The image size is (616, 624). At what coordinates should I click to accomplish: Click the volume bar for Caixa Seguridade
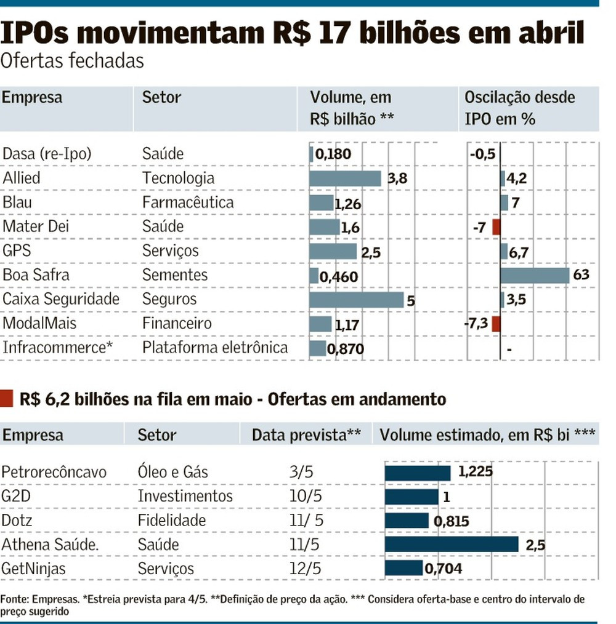(356, 300)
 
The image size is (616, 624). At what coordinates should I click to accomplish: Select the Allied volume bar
(345, 178)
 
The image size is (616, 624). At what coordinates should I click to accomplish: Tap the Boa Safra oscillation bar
(535, 275)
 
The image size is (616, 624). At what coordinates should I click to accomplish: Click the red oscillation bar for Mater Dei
(496, 227)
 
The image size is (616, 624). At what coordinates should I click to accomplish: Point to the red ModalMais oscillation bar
(496, 324)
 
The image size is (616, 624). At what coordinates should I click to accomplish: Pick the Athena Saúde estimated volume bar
(452, 545)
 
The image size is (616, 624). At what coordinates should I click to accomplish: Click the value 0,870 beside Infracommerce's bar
(346, 349)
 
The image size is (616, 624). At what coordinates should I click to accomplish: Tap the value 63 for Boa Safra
(581, 274)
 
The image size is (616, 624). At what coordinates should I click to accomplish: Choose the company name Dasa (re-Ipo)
(47, 154)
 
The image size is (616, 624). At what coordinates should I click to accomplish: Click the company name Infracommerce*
(58, 348)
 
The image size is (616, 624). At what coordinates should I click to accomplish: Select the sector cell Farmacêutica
(188, 202)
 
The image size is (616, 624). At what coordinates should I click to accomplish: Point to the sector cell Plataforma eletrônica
(215, 348)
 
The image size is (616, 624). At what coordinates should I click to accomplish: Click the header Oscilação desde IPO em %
(519, 108)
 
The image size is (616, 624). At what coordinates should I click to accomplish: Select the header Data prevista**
(306, 435)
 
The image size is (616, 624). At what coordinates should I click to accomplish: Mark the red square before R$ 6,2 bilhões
(7, 399)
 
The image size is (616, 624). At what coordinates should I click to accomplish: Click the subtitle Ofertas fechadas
(73, 61)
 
